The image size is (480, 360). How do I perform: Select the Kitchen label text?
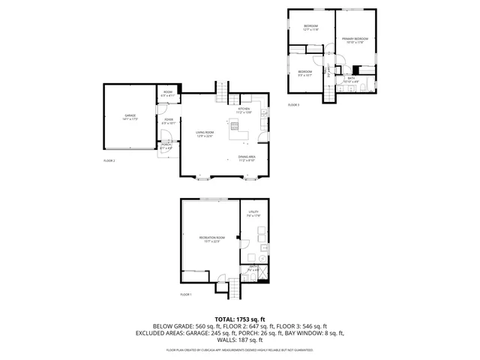coord(244,110)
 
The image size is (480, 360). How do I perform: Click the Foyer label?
coord(169,121)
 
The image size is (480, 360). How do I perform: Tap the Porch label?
coord(166,146)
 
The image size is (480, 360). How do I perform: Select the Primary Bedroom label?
coord(355,40)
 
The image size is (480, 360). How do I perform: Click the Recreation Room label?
coord(209,239)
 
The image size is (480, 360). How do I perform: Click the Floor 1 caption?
coord(186,295)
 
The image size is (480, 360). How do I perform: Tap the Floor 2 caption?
coord(109,160)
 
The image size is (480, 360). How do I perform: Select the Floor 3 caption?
coord(293,105)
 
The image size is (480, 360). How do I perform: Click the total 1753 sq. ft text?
coord(239,319)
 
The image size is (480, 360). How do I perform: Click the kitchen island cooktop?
coord(235,126)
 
